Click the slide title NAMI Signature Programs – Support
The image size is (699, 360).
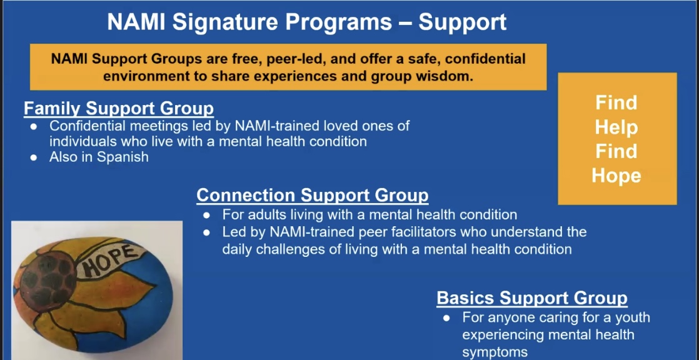pos(307,22)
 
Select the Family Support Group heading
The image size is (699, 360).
pos(119,108)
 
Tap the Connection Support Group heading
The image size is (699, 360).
pos(313,195)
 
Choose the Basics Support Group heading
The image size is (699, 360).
pos(532,298)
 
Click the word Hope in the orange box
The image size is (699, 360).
pos(616,176)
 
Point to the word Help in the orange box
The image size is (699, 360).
pos(616,127)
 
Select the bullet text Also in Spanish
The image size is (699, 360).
pos(99,157)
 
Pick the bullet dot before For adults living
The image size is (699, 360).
pos(206,215)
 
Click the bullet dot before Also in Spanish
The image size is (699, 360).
pos(33,157)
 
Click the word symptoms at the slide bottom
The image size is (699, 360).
pos(495,352)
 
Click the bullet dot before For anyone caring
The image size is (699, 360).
pos(446,317)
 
